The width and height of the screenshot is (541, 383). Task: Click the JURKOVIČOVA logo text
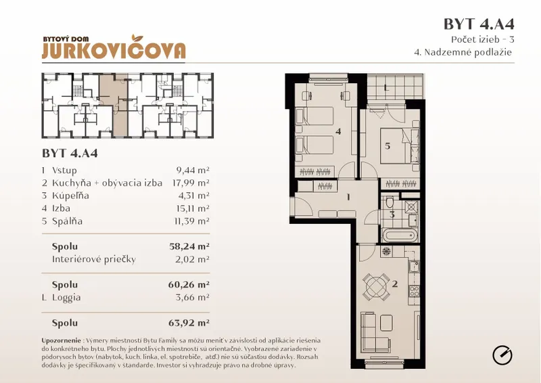point(114,51)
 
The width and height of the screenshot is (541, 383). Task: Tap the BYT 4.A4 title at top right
point(479,24)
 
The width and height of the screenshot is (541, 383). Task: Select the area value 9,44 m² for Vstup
point(193,171)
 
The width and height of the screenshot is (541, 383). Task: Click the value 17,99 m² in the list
point(191,183)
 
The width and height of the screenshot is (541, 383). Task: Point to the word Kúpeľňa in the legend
point(70,196)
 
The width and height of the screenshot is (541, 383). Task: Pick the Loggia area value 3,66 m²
point(192,297)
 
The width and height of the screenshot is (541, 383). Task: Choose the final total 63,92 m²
point(189,323)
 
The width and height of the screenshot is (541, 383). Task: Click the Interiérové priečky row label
point(94,259)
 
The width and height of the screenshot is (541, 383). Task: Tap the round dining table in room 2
point(376,286)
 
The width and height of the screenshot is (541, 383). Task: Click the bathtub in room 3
point(400,237)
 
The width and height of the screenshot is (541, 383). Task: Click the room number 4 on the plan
point(338,131)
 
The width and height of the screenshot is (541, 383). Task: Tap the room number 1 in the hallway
point(348,197)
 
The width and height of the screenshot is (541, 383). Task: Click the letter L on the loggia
point(386,88)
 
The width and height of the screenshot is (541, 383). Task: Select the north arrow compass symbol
point(502,355)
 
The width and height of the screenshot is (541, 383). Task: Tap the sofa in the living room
point(369,331)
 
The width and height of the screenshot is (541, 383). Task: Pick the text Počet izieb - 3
point(483,40)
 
